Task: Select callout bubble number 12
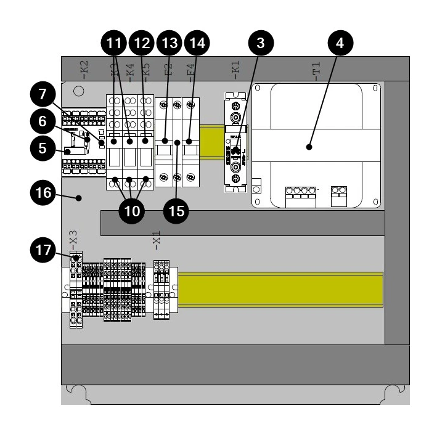point(142,43)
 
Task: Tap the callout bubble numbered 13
point(169,43)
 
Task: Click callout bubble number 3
point(261,43)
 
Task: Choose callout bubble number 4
point(341,43)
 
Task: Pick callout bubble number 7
point(43,96)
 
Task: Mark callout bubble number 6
point(43,122)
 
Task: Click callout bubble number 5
point(43,149)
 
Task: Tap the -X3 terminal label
point(73,237)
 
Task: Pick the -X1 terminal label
point(157,237)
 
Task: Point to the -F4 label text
point(190,68)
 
